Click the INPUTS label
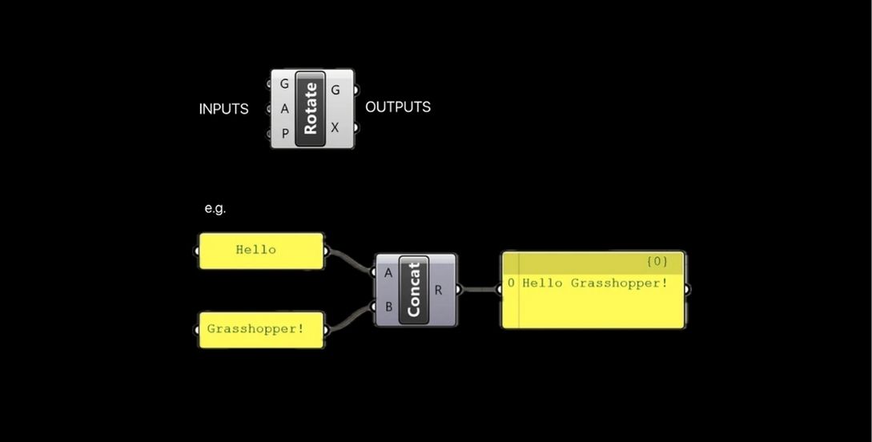click(223, 109)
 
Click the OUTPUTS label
click(398, 106)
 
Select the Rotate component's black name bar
click(310, 108)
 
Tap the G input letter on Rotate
click(284, 84)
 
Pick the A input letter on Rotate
click(284, 110)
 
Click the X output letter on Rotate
click(336, 127)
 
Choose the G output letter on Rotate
click(336, 90)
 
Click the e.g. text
click(215, 208)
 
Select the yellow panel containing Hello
click(261, 250)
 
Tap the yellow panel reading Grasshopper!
click(261, 328)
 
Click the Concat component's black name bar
click(414, 290)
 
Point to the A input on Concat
click(388, 272)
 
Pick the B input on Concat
click(388, 305)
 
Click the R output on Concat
click(439, 290)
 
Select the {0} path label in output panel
click(657, 262)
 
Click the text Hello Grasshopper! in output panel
click(595, 283)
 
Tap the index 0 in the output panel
click(511, 283)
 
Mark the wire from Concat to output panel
click(480, 289)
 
